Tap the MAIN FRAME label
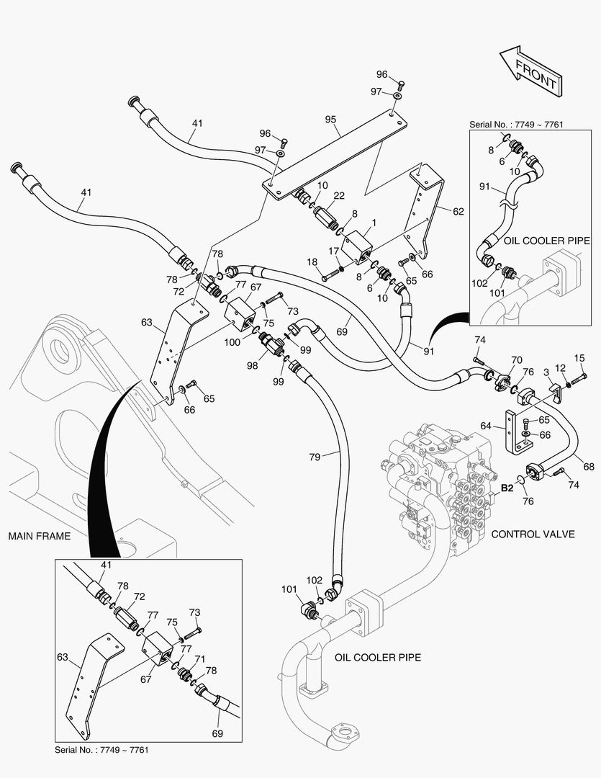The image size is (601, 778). click(x=40, y=536)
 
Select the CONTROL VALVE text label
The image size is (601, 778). click(x=533, y=534)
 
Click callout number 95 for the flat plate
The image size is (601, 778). click(x=330, y=120)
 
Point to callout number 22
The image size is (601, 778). click(x=339, y=197)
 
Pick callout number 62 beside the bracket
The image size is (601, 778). click(x=458, y=212)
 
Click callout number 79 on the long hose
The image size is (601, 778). click(x=315, y=456)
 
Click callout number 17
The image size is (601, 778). click(x=333, y=250)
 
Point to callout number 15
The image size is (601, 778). click(x=579, y=358)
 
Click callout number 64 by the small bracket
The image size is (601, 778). click(x=487, y=426)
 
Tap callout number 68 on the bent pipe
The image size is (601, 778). click(x=589, y=467)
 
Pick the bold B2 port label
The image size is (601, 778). click(x=507, y=488)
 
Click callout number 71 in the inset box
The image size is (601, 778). click(x=201, y=659)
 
